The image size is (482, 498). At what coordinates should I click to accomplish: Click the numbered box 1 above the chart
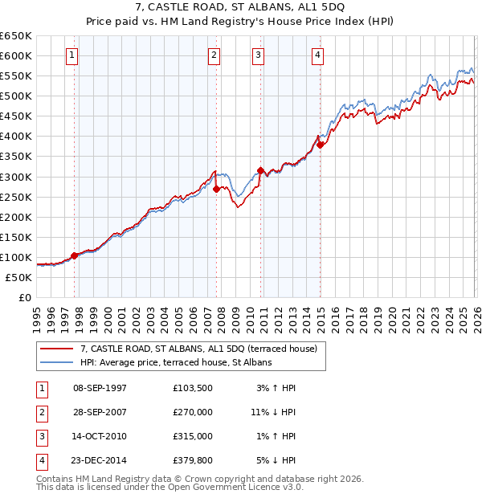(x=73, y=55)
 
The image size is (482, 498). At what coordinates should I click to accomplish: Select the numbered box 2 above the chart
(x=214, y=55)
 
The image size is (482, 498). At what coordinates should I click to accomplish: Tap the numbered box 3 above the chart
(x=259, y=55)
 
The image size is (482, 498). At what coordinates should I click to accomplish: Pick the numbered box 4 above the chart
(x=318, y=55)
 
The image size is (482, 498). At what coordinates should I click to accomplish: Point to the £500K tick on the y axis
(x=16, y=96)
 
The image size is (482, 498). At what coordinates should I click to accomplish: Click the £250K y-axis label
(x=16, y=197)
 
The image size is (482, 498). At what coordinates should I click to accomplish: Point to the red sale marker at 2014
(x=320, y=145)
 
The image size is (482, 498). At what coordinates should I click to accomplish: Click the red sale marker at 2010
(x=260, y=170)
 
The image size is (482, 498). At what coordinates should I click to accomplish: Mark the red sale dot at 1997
(x=75, y=255)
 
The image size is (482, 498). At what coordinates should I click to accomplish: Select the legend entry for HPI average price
(x=176, y=362)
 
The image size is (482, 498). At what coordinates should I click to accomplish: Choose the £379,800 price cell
(x=193, y=460)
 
